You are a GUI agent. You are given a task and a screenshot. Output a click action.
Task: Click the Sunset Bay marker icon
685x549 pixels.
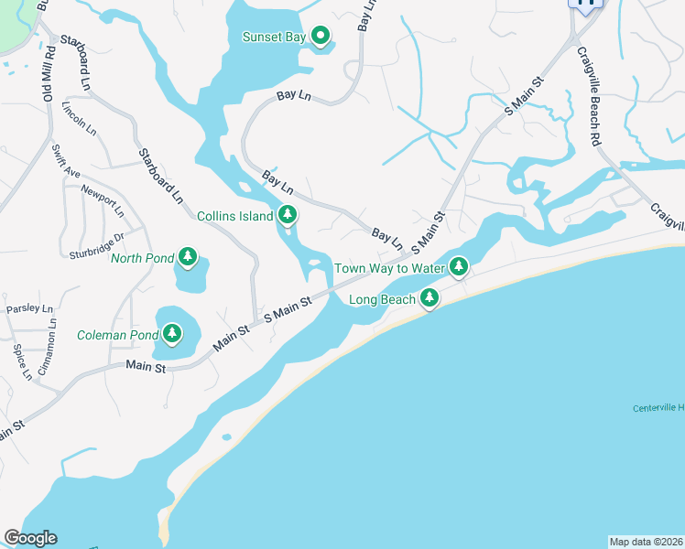click(321, 36)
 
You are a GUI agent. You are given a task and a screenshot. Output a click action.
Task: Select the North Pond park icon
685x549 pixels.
click(188, 257)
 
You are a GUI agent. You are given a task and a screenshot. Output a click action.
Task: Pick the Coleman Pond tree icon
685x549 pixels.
click(172, 335)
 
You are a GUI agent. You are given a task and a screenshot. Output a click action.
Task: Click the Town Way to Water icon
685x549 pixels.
click(459, 267)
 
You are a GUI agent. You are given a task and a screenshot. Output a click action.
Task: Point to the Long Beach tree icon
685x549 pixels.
click(429, 298)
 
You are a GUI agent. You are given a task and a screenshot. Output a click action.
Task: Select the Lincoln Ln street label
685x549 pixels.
click(79, 118)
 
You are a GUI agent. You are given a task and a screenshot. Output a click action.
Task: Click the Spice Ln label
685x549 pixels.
click(21, 361)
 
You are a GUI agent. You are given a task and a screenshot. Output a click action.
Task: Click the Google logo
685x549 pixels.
click(30, 538)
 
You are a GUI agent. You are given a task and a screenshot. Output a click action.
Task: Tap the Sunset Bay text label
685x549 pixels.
click(273, 37)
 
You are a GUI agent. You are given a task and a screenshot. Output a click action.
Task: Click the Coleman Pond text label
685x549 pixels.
click(117, 335)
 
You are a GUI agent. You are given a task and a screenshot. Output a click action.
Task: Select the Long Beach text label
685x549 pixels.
click(383, 299)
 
